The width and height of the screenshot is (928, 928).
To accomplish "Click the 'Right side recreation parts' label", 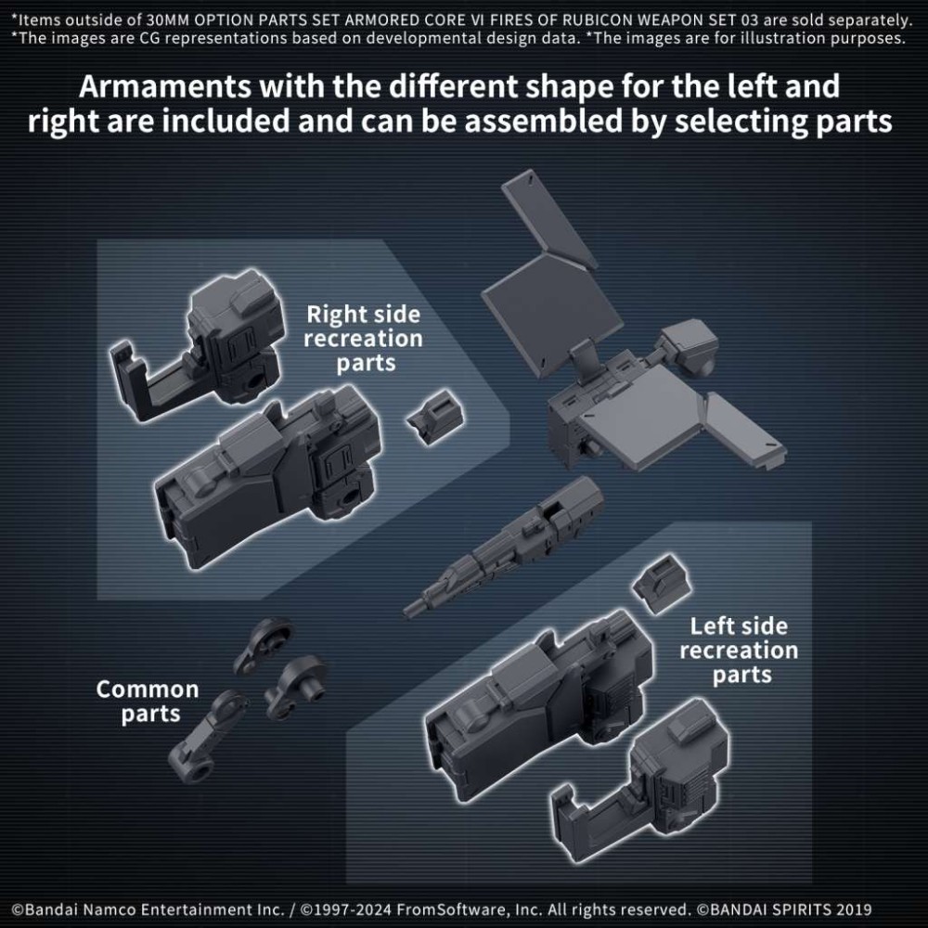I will tap(364, 339).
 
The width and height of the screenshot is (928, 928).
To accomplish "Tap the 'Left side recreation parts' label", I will tap(738, 650).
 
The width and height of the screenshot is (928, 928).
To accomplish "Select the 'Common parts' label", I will tap(148, 702).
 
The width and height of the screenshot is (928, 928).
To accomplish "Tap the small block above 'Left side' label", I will tap(659, 583).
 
